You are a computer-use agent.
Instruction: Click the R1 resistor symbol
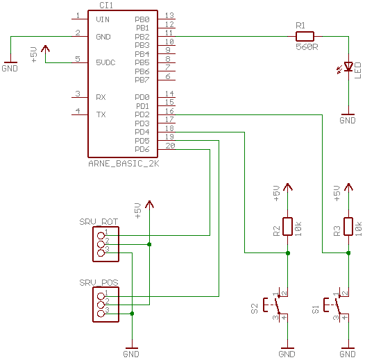click(x=305, y=37)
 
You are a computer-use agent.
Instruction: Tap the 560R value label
click(x=307, y=47)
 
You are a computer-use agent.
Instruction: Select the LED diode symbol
click(x=348, y=67)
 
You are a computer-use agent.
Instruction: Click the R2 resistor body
click(x=287, y=227)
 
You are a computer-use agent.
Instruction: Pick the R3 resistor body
click(x=348, y=227)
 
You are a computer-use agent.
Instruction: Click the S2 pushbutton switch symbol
click(x=277, y=305)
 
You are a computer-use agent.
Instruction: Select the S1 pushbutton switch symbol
click(x=337, y=305)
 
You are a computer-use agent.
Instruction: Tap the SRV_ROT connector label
click(x=99, y=222)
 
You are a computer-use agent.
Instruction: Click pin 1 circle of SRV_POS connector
click(x=101, y=296)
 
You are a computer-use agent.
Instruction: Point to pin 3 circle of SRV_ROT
click(x=101, y=253)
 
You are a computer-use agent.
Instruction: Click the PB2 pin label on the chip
click(x=142, y=37)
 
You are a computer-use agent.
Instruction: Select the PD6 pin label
click(x=142, y=149)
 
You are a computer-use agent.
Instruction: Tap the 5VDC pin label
click(x=105, y=62)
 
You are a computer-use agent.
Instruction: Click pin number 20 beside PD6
click(x=170, y=146)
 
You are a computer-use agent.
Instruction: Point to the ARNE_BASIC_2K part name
click(x=124, y=164)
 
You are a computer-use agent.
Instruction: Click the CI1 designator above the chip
click(x=106, y=6)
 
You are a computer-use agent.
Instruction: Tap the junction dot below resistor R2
click(x=288, y=253)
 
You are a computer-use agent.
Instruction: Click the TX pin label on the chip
click(x=101, y=114)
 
